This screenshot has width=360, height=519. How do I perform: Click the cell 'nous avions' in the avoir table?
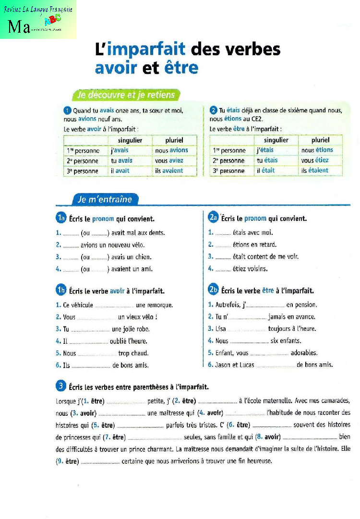coord(171,150)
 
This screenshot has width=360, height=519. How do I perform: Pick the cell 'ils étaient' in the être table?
coord(315,170)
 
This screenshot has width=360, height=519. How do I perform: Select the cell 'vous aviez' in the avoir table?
coord(169,160)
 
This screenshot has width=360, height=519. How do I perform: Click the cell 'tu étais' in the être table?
coord(267,160)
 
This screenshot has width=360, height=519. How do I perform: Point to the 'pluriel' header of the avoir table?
coord(174,140)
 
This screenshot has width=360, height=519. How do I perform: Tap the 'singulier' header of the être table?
coord(276,140)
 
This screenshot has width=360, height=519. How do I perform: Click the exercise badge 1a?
coord(61,219)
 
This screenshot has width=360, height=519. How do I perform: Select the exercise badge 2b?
coord(214,290)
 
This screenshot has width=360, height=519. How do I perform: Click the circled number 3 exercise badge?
coord(60,386)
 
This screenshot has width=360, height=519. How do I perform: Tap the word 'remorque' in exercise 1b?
coord(154,305)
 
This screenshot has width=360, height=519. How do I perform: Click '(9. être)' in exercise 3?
coord(67,461)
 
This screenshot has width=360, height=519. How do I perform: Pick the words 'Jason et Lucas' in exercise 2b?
coord(235,365)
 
